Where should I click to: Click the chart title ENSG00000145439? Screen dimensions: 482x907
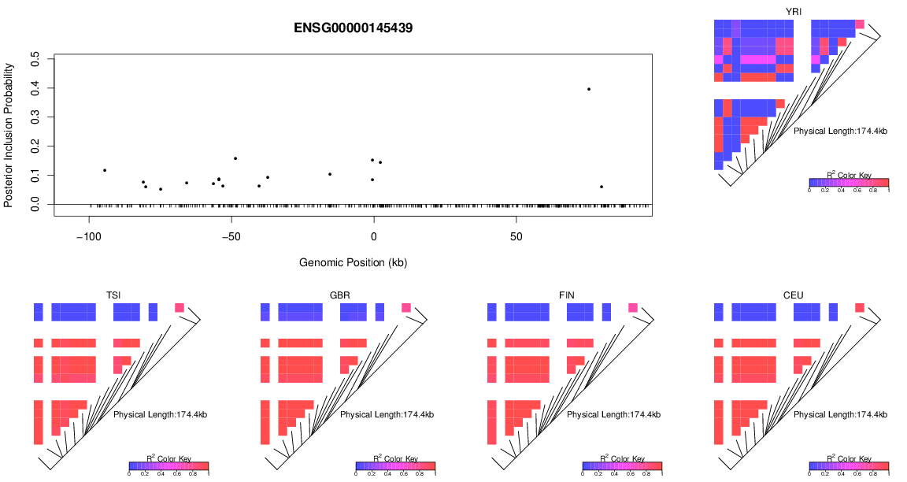pyautogui.click(x=354, y=28)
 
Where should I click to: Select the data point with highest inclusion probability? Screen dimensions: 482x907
pyautogui.click(x=589, y=89)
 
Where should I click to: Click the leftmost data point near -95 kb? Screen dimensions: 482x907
pyautogui.click(x=105, y=170)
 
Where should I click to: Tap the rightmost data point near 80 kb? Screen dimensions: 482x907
pyautogui.click(x=602, y=187)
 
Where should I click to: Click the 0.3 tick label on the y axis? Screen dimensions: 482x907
pyautogui.click(x=35, y=117)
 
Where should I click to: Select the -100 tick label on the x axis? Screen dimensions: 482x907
pyautogui.click(x=89, y=237)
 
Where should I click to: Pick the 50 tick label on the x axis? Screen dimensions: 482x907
pyautogui.click(x=516, y=237)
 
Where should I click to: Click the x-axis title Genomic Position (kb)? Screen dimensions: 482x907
pyautogui.click(x=353, y=262)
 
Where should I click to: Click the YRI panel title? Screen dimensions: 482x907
pyautogui.click(x=794, y=10)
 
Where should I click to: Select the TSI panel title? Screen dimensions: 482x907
pyautogui.click(x=113, y=295)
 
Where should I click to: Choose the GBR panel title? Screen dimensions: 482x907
pyautogui.click(x=340, y=295)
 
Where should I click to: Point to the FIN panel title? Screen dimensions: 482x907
pyautogui.click(x=567, y=295)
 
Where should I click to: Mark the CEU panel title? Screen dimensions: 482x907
pyautogui.click(x=794, y=295)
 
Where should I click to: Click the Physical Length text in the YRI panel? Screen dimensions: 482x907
pyautogui.click(x=840, y=131)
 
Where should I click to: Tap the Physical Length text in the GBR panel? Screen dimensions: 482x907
pyautogui.click(x=387, y=414)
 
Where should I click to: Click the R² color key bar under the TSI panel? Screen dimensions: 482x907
pyautogui.click(x=168, y=466)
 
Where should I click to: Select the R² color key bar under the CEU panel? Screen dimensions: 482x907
pyautogui.click(x=849, y=466)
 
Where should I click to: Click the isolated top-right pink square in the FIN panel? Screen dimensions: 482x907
pyautogui.click(x=632, y=307)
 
